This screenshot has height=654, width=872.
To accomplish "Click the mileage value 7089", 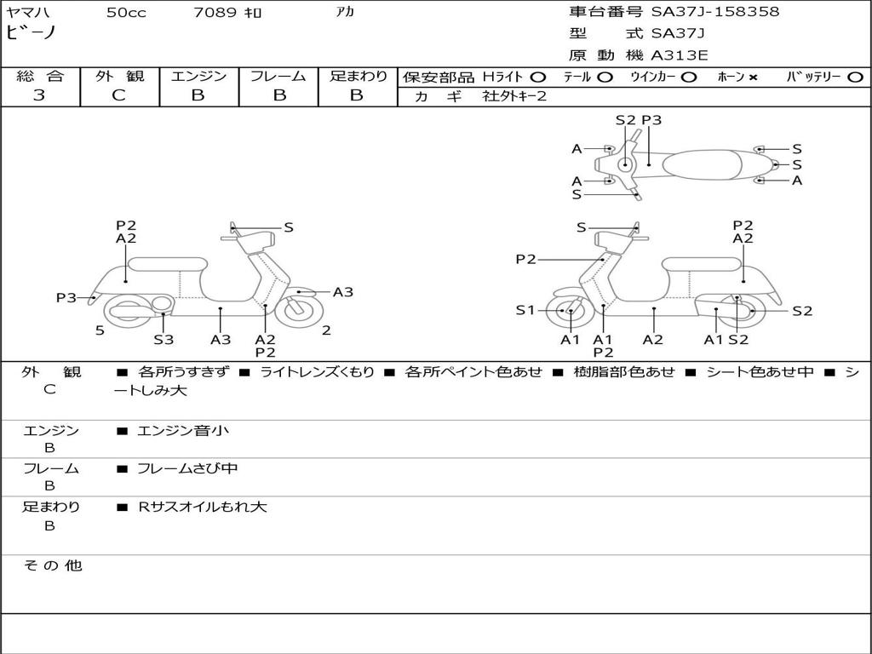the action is pos(216,13).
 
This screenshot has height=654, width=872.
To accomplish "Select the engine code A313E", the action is pos(679,55).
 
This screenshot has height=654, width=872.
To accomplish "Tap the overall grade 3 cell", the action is pos(39,95).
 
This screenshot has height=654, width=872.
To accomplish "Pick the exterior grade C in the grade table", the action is pos(119,95).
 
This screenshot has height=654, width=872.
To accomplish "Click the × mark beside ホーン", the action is pos(753,77).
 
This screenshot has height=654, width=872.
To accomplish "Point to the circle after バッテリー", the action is pos(854,77).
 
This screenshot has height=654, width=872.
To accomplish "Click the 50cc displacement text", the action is pos(126,13).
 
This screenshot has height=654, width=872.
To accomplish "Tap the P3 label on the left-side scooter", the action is pos(66,298).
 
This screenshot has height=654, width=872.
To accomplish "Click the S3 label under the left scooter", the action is pos(163,340).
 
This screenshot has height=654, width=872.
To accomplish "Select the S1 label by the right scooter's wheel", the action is pos(525,311).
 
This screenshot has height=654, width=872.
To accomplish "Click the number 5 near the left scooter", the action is pos(100,330).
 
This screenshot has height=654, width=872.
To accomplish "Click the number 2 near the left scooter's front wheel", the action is pos(326,330).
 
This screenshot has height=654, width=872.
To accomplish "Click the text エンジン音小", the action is pos(183,431).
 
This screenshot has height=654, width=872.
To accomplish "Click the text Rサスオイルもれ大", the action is pos(203,507).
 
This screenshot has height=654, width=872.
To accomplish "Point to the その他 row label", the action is pos(52,565).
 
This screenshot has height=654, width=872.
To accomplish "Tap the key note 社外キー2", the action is pos(514,96).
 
